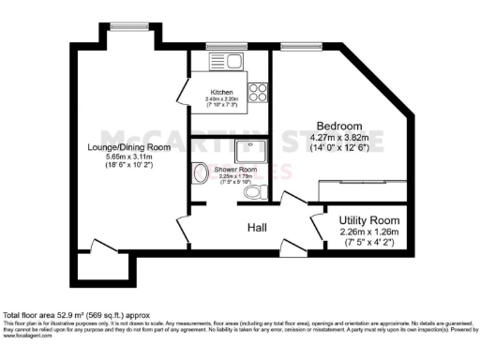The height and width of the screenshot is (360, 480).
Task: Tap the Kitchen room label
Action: pyautogui.click(x=223, y=92)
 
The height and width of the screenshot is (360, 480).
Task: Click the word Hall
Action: pyautogui.click(x=259, y=228)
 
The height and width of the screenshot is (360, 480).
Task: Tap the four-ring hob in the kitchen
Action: pyautogui.click(x=258, y=93)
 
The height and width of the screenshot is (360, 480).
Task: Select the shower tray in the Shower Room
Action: pyautogui.click(x=250, y=151)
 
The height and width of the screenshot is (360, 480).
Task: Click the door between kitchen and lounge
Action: pyautogui.click(x=181, y=94)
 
